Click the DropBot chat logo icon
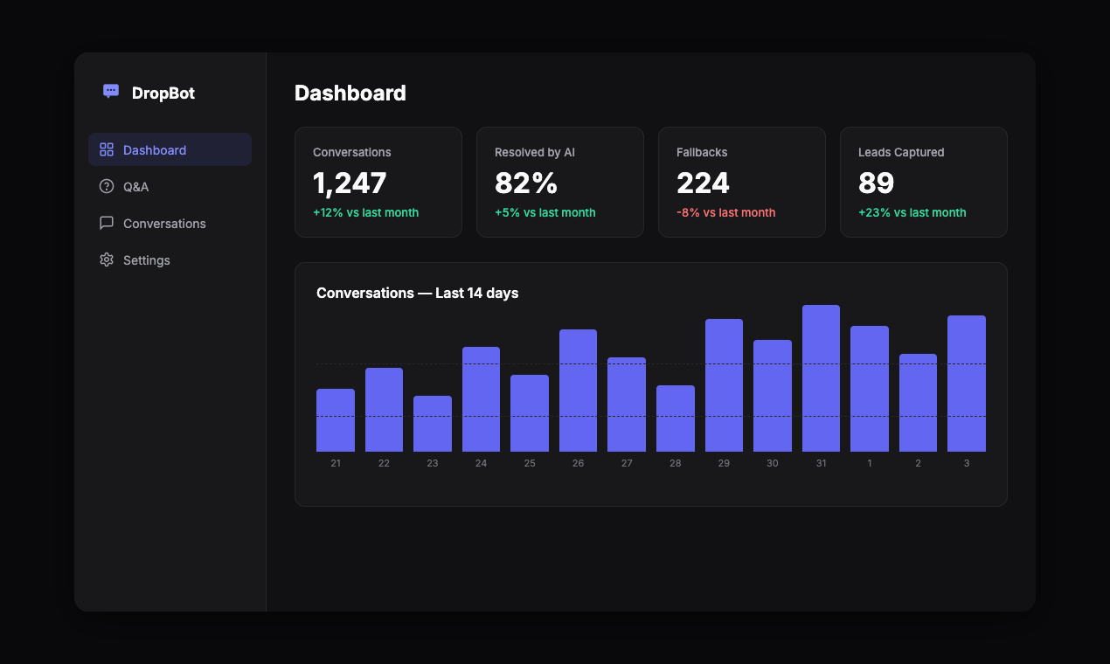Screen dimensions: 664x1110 click(111, 91)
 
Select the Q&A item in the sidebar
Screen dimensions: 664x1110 click(135, 187)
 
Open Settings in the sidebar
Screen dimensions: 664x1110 click(146, 260)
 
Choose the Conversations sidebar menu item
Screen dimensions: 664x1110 click(164, 224)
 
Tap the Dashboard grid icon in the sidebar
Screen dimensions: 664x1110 click(107, 149)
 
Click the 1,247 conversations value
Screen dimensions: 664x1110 click(350, 183)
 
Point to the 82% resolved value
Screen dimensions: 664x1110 click(526, 183)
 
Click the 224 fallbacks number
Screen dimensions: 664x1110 click(703, 183)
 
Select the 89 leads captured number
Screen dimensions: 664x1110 click(876, 183)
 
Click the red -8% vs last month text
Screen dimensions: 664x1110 click(725, 212)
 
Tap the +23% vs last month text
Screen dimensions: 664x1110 click(912, 212)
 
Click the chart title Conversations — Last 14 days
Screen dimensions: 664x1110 click(417, 294)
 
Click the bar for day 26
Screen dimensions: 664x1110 click(578, 391)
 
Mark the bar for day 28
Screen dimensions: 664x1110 click(676, 418)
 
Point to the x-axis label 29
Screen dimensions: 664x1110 click(724, 463)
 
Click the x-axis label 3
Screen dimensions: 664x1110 click(966, 463)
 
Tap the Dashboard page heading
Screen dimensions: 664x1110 click(350, 93)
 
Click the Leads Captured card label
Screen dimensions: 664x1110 click(901, 152)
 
